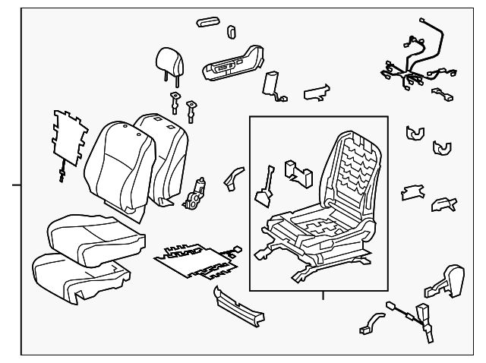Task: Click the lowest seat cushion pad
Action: [x=74, y=275]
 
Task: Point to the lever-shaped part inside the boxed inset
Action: [x=267, y=186]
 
